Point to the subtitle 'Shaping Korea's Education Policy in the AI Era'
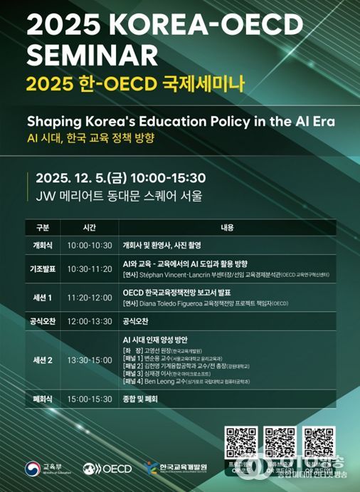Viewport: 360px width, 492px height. [x=181, y=121]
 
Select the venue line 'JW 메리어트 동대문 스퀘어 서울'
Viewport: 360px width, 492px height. [x=114, y=195]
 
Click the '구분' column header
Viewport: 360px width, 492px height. [x=42, y=229]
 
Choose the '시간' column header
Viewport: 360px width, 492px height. [x=89, y=229]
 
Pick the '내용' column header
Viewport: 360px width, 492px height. [x=227, y=229]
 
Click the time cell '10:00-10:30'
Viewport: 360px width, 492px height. [x=89, y=245]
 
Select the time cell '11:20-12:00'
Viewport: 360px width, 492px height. [x=89, y=298]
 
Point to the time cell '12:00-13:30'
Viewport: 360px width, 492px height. [x=89, y=321]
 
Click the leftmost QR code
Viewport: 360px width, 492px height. [x=240, y=441]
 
